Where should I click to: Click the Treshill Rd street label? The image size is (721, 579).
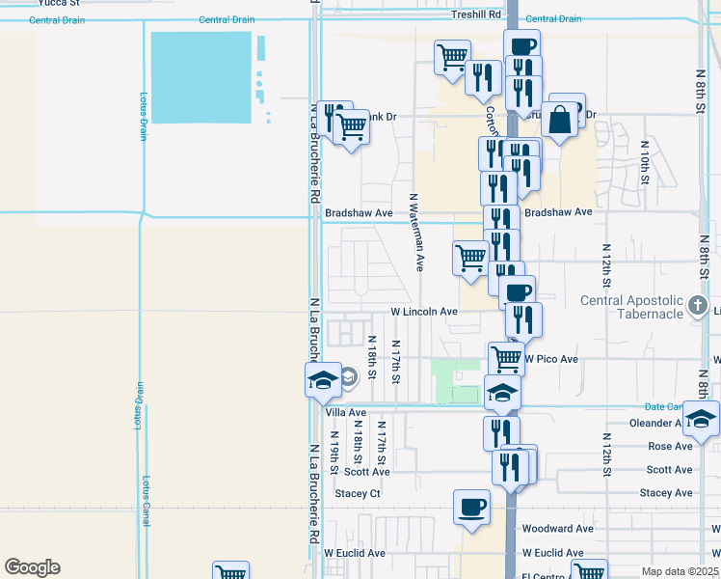point(476,14)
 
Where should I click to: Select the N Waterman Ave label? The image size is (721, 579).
point(416,233)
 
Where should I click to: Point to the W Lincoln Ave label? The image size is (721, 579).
point(423,312)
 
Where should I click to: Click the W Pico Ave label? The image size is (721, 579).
point(550,359)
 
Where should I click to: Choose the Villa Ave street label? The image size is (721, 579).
point(346,412)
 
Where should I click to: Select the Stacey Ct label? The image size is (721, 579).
point(358,493)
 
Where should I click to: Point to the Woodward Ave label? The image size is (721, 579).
point(557,529)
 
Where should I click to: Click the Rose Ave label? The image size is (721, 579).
point(670,446)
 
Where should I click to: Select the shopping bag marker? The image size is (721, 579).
point(559,120)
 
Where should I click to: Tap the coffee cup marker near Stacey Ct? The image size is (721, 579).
point(471,507)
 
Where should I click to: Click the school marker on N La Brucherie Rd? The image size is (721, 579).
point(323,379)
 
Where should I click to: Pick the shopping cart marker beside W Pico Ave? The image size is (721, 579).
point(506,358)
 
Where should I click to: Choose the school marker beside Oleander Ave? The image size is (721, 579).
point(701,418)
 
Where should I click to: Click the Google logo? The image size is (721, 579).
point(32,566)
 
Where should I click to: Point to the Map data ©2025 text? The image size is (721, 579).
point(680,571)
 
